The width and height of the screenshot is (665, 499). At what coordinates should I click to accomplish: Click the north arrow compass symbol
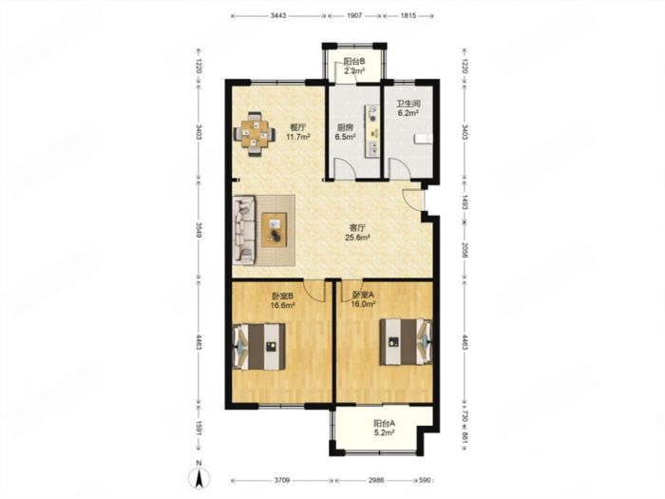click(199, 476)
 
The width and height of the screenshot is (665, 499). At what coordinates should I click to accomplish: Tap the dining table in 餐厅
click(254, 135)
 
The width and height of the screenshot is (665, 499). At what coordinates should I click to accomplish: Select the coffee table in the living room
click(274, 230)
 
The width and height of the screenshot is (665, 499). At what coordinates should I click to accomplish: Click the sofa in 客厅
click(244, 230)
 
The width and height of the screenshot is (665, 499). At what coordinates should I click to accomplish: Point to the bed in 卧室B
click(259, 346)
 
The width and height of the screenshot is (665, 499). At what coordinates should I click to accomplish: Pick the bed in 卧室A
click(406, 342)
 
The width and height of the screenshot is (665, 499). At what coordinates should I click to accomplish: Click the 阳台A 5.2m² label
click(384, 428)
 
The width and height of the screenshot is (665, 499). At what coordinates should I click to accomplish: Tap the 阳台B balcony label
click(354, 67)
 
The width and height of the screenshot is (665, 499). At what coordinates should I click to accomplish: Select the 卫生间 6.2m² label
click(408, 108)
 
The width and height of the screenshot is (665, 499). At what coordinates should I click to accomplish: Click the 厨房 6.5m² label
click(345, 131)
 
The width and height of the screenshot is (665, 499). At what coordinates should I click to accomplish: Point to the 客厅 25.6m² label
click(357, 233)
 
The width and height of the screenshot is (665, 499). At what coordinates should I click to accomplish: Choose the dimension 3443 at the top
click(278, 16)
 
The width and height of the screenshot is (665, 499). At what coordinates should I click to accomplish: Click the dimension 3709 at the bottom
click(281, 480)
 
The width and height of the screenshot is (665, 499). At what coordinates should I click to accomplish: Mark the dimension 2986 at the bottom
click(376, 480)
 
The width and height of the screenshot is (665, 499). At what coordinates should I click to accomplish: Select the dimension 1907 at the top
click(354, 16)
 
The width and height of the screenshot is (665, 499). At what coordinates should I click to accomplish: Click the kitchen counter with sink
click(372, 131)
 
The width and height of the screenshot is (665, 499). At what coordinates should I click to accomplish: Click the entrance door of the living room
click(412, 199)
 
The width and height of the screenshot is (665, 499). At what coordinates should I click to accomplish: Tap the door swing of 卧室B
click(313, 290)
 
